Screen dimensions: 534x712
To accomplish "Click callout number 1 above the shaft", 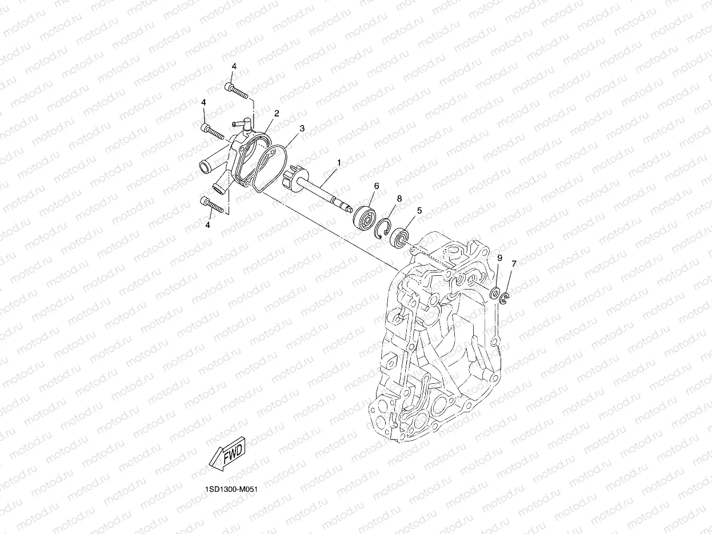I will coord(338,163).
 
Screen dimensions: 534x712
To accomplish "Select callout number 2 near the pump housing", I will coord(276,113).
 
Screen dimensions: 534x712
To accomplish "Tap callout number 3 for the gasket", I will coord(302,129).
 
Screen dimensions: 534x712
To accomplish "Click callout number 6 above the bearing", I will coord(377,186).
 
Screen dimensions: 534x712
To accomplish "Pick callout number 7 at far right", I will coord(514,263).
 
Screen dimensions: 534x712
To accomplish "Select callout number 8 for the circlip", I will coord(399,198).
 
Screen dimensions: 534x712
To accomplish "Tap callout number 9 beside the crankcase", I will coord(499,258).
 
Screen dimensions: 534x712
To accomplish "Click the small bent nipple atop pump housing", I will coord(240,123).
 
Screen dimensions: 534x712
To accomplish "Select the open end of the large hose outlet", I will coord(203,167).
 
